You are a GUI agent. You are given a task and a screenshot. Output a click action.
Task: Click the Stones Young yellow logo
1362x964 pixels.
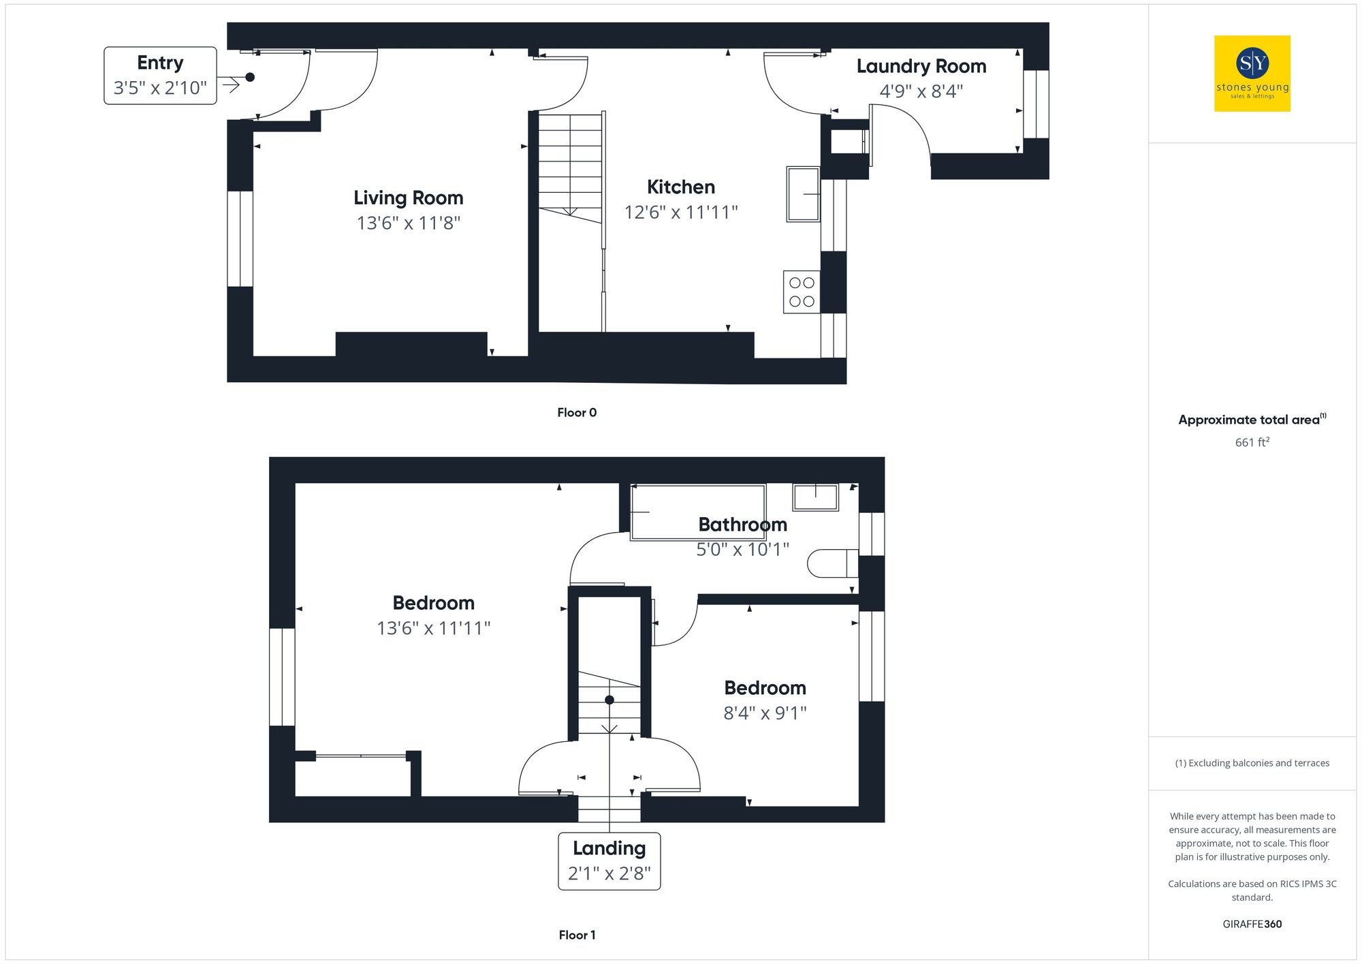(x=1252, y=74)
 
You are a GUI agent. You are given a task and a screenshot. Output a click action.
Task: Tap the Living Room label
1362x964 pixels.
(x=408, y=198)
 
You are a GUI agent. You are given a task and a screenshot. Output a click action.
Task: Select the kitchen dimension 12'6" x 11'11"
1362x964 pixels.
(x=680, y=213)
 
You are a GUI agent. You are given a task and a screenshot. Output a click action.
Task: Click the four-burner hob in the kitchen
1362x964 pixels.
(x=802, y=292)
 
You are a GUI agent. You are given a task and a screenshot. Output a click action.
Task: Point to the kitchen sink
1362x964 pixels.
(x=803, y=194)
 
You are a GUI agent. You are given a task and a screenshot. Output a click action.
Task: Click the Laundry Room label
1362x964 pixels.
(x=921, y=66)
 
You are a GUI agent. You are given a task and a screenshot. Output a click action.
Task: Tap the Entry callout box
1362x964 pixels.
(x=160, y=76)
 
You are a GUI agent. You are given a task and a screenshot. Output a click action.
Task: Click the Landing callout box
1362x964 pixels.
(x=609, y=860)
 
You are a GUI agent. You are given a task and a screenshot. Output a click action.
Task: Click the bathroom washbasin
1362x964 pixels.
(x=815, y=497)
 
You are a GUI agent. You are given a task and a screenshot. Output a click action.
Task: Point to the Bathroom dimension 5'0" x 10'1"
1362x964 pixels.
(x=742, y=549)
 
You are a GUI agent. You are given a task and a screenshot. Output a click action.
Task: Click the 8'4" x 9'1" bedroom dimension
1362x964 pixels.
(x=765, y=713)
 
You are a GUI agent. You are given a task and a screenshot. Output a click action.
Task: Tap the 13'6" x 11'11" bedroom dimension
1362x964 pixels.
(x=433, y=628)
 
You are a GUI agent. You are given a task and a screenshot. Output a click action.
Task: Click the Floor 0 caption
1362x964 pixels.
(x=576, y=412)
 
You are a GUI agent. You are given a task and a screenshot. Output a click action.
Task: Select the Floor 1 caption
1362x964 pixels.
(x=576, y=935)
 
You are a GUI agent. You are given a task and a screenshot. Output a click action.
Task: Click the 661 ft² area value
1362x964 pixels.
(x=1252, y=442)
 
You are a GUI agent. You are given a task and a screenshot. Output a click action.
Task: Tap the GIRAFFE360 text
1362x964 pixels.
(x=1252, y=924)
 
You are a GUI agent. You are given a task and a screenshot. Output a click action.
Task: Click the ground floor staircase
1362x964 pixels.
(x=570, y=167)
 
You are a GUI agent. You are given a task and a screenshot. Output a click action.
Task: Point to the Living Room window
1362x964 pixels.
(x=240, y=238)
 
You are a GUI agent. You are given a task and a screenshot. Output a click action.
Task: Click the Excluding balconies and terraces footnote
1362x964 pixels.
(x=1252, y=763)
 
